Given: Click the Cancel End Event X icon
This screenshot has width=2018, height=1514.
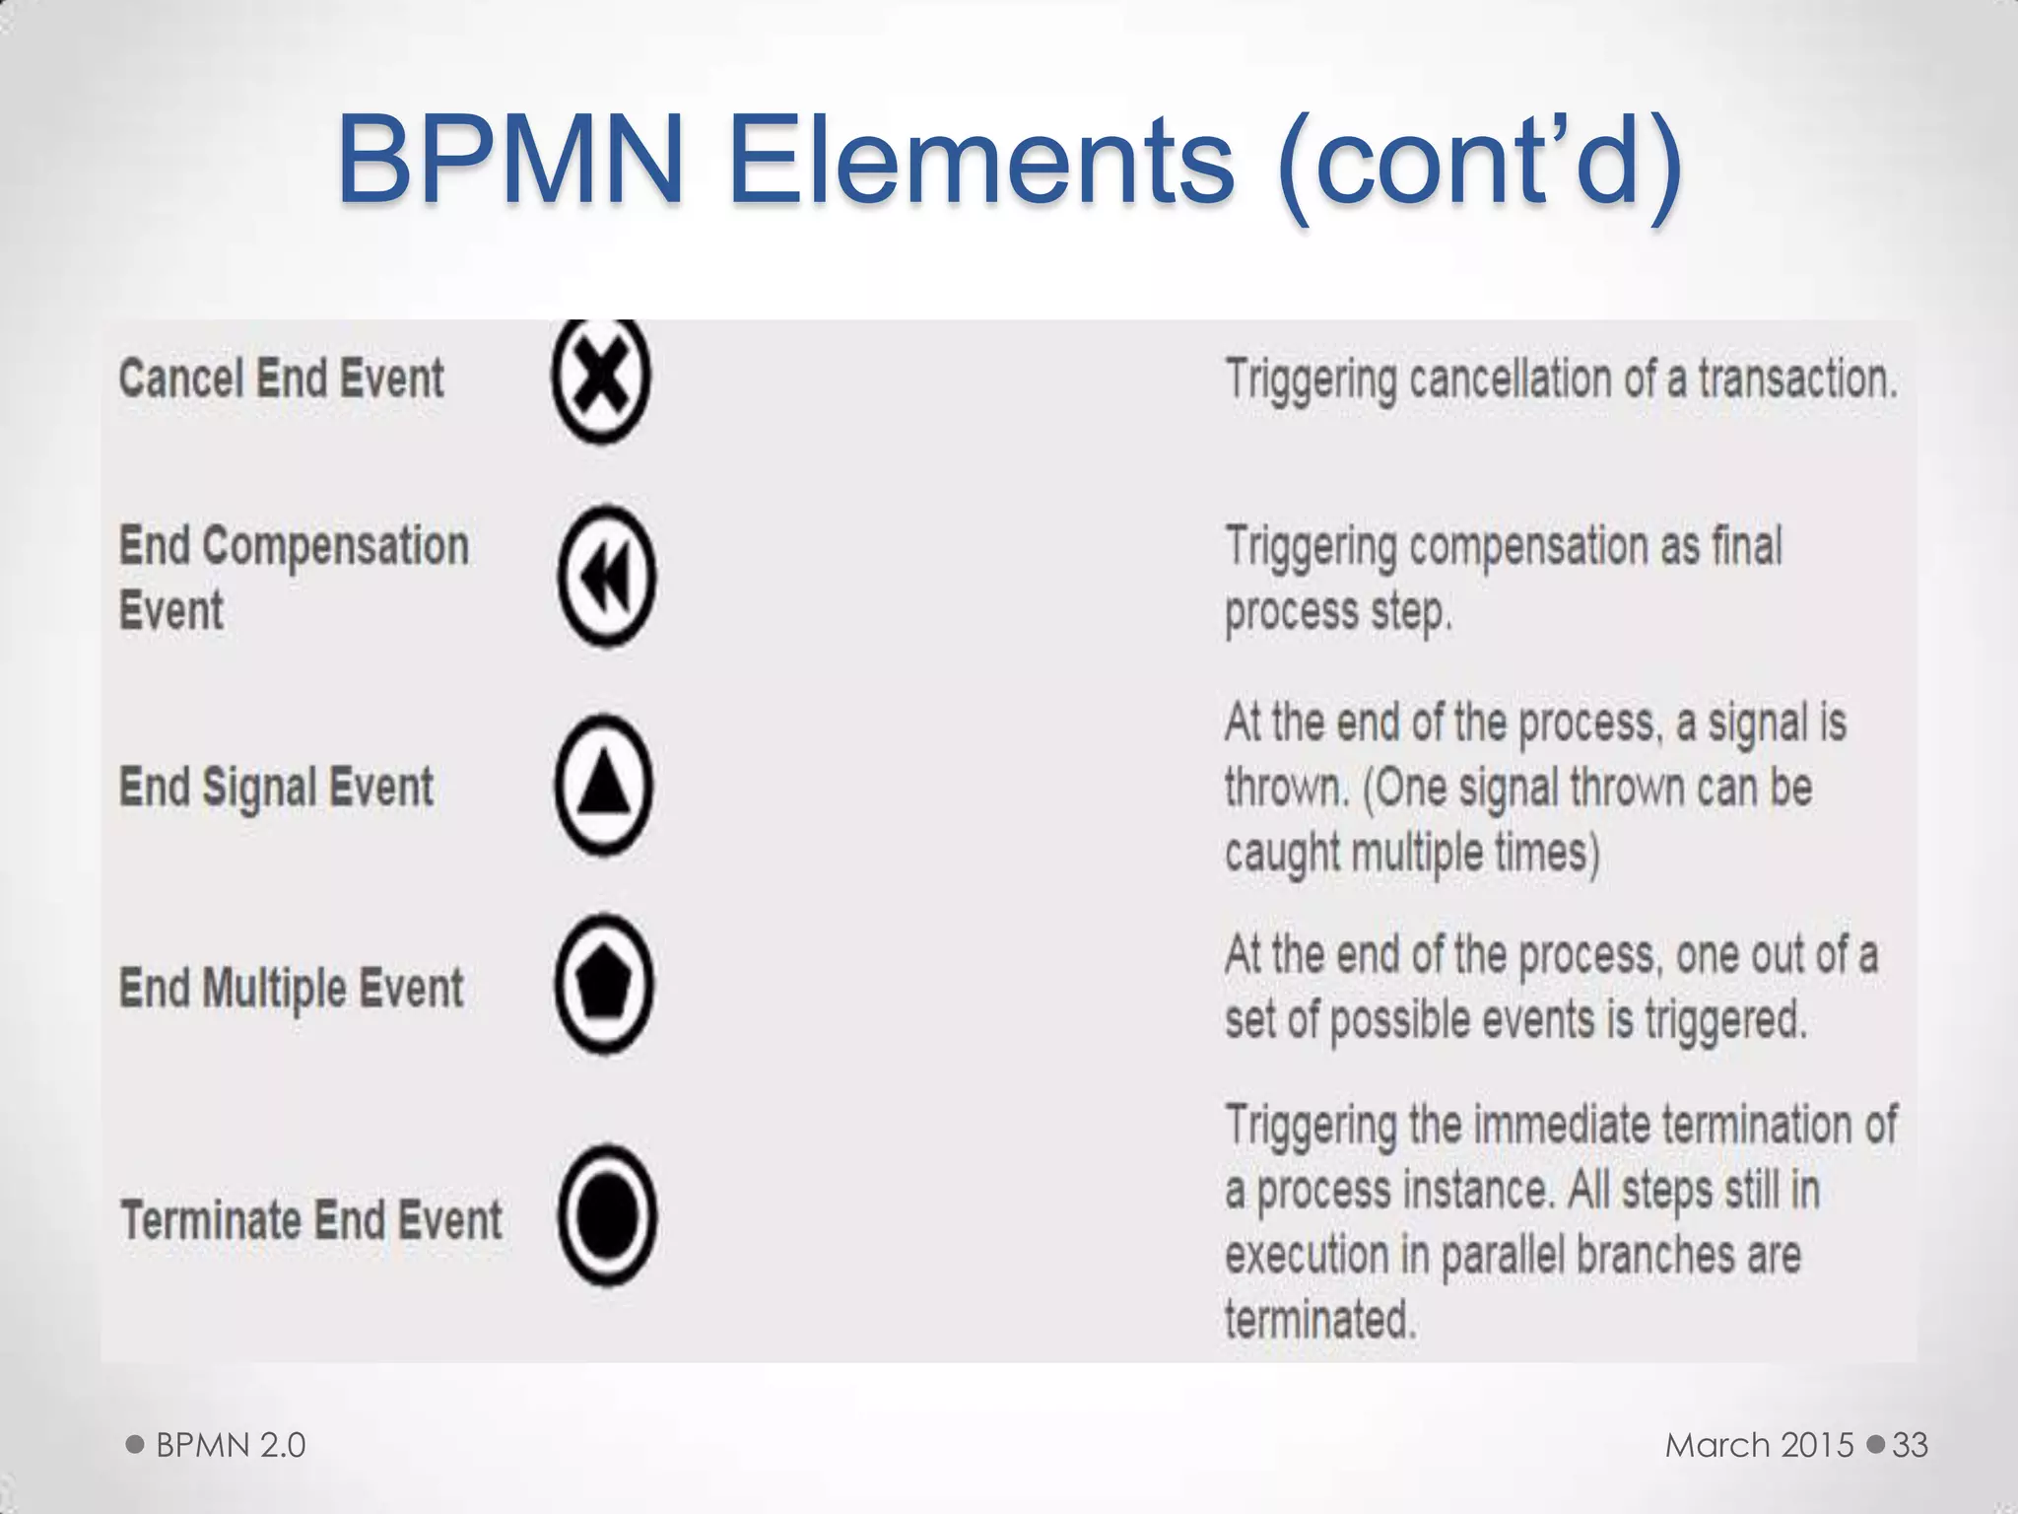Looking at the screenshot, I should pos(601,379).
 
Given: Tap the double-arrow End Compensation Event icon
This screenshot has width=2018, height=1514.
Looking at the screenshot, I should pos(606,577).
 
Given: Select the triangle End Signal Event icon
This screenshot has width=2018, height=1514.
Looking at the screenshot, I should pos(604,786).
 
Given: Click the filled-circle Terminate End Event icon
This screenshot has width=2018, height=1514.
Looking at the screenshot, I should pos(607,1215).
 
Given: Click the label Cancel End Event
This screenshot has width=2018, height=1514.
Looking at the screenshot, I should pos(281,379).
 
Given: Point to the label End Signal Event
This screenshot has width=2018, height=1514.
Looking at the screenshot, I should pos(276,788).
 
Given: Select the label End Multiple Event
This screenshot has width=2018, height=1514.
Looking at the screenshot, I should pos(291,989).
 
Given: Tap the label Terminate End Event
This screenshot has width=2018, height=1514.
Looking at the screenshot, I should pos(310,1220).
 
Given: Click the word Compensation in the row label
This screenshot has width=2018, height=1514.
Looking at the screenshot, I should pos(335,547).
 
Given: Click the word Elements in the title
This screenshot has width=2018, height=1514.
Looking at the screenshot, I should pos(980,160).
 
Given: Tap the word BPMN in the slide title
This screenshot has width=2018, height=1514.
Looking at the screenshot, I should pos(510,160).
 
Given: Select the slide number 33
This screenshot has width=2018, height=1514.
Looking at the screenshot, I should pos(1910,1445).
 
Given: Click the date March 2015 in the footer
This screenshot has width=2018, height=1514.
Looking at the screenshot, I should pos(1759,1445).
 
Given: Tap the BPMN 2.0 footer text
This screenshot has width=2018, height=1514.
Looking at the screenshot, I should pos(231,1445).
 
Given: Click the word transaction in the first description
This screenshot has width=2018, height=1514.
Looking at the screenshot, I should pos(1795,379).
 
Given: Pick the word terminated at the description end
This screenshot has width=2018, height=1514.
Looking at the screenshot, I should pos(1320,1319).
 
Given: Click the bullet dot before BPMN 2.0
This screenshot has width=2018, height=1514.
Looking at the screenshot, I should pos(135,1445).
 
